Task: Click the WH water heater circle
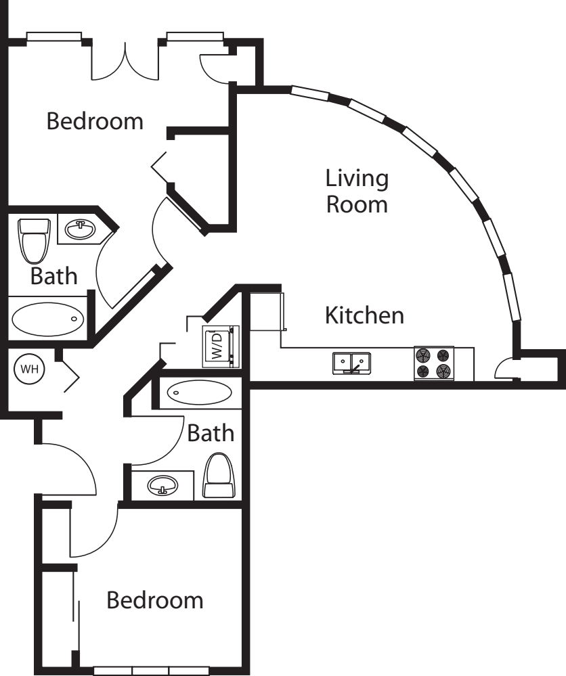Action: (x=29, y=369)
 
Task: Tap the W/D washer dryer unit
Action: (x=221, y=346)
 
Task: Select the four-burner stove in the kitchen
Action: (x=434, y=363)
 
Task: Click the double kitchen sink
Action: (x=351, y=363)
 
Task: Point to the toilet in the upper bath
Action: (x=34, y=241)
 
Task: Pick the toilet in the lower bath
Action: (x=220, y=476)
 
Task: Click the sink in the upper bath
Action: (x=81, y=229)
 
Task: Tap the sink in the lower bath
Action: (x=162, y=485)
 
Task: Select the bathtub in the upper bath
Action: (x=48, y=319)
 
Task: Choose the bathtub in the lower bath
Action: (x=199, y=392)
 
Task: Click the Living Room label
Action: (x=357, y=191)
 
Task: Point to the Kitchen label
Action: (x=364, y=315)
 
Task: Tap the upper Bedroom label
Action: (x=95, y=121)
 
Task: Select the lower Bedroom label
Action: (x=155, y=600)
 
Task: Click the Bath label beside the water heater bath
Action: (x=54, y=276)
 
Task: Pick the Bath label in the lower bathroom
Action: (x=211, y=433)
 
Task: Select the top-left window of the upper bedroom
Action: (x=54, y=37)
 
